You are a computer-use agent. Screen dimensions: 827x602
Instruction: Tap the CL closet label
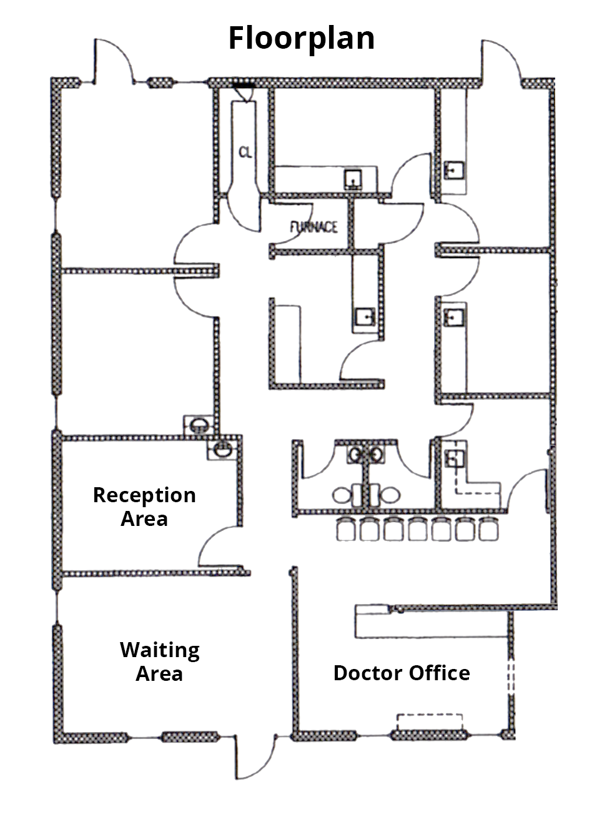click(245, 152)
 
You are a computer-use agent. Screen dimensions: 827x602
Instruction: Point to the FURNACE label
click(313, 227)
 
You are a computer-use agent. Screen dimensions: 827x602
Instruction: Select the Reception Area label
click(144, 507)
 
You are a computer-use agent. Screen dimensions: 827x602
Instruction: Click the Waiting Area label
click(160, 661)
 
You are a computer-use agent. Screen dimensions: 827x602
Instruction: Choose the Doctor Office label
click(402, 673)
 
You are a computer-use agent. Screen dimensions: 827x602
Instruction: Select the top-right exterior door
click(500, 60)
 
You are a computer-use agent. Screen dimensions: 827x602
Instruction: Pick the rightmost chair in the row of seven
click(487, 528)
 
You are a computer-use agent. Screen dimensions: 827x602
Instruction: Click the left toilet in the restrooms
click(342, 495)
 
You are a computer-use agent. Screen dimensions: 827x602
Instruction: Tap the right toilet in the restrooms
click(390, 495)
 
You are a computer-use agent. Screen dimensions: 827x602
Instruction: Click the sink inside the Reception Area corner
click(220, 448)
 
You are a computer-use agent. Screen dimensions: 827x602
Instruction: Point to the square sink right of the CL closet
click(354, 179)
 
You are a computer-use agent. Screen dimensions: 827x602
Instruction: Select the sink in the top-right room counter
click(453, 169)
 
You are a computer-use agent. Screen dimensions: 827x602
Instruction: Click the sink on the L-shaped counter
click(454, 460)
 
